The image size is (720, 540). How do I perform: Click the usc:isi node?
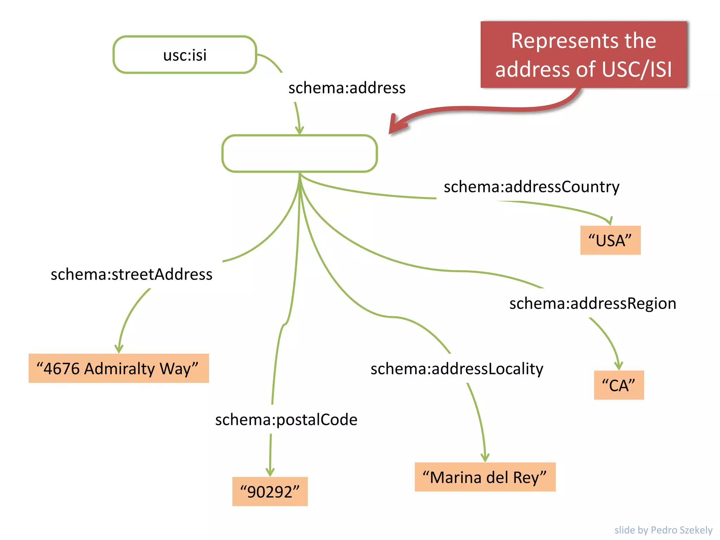pyautogui.click(x=185, y=55)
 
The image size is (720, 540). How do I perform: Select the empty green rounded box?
pyautogui.click(x=299, y=154)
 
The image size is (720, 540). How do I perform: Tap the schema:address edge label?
pyautogui.click(x=347, y=88)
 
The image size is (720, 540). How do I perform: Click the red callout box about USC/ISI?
pyautogui.click(x=584, y=54)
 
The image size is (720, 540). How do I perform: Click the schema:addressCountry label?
pyautogui.click(x=531, y=187)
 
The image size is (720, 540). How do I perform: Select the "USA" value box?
pyautogui.click(x=610, y=240)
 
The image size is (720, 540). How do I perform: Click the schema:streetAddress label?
pyautogui.click(x=131, y=274)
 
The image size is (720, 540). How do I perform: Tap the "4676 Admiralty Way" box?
pyautogui.click(x=118, y=368)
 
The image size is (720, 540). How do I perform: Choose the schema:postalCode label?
pyautogui.click(x=286, y=420)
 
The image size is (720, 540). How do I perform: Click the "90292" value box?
pyautogui.click(x=270, y=491)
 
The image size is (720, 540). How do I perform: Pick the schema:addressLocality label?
pyautogui.click(x=457, y=369)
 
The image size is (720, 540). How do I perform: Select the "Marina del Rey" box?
pyautogui.click(x=485, y=477)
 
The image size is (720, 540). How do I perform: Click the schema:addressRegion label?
pyautogui.click(x=593, y=303)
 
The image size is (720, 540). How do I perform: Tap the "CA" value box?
pyautogui.click(x=619, y=385)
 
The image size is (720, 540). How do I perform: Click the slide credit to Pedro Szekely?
pyautogui.click(x=663, y=530)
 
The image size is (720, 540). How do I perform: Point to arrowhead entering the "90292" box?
pyautogui.click(x=270, y=472)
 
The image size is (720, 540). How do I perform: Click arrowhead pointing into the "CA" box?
pyautogui.click(x=618, y=366)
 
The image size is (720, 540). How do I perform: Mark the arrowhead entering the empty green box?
pyautogui.click(x=299, y=130)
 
